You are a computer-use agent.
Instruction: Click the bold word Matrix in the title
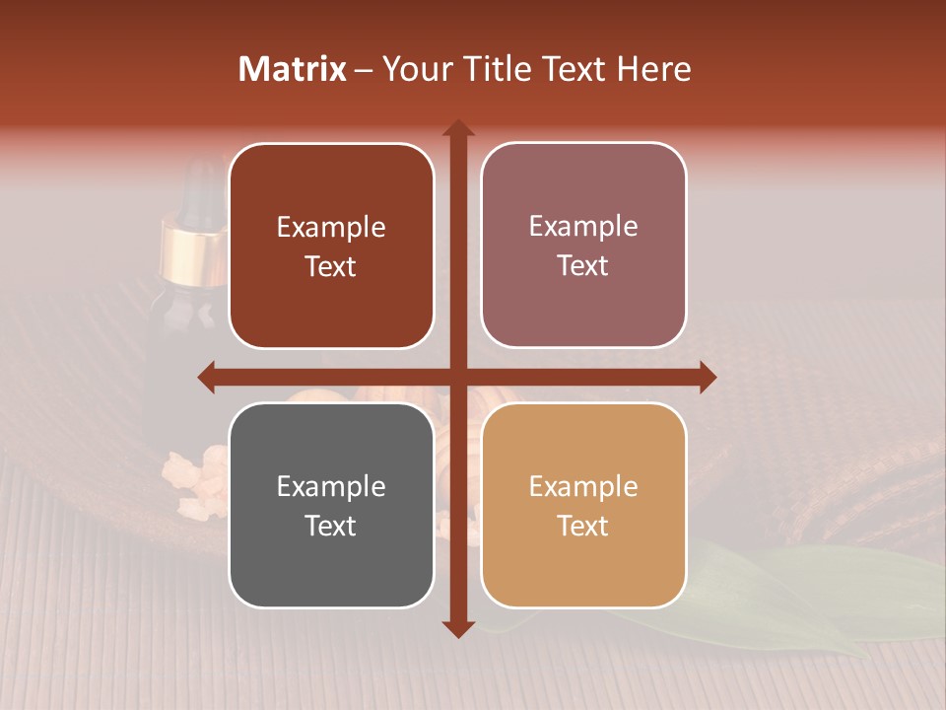coord(293,69)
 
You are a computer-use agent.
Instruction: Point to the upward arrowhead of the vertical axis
coord(457,129)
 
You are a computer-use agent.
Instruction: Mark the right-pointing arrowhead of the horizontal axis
coord(707,377)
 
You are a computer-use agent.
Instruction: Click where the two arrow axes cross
coord(457,377)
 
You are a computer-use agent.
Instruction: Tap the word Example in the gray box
coord(331,486)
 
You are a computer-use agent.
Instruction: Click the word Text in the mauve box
coord(583,266)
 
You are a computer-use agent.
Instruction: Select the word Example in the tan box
coord(583,486)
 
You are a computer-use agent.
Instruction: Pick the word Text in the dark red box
coord(331,267)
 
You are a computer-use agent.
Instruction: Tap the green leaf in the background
coord(788,602)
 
